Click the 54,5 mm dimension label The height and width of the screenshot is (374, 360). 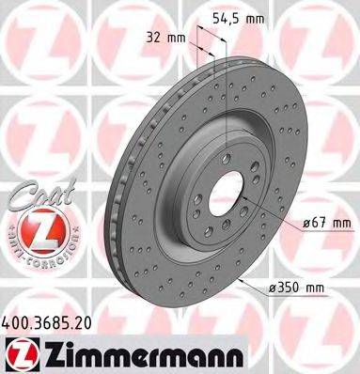[x=243, y=19]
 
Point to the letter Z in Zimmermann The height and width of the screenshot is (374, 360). [x=47, y=350]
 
